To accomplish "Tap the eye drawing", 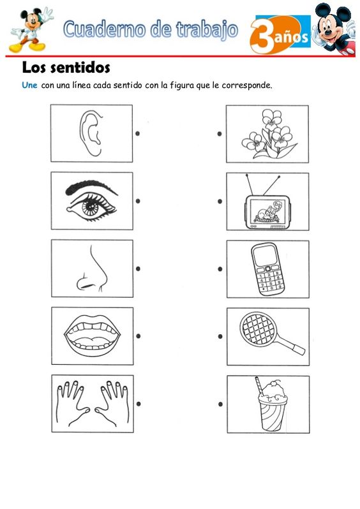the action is (92, 205).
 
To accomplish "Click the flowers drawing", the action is (269, 134).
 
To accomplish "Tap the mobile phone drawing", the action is (267, 269).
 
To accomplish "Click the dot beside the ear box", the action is (137, 133).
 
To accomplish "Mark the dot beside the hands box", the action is (139, 404).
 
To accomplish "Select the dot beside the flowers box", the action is (220, 134).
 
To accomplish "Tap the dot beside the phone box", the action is (220, 269).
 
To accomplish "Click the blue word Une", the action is (29, 85).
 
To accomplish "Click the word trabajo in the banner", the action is (207, 29).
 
